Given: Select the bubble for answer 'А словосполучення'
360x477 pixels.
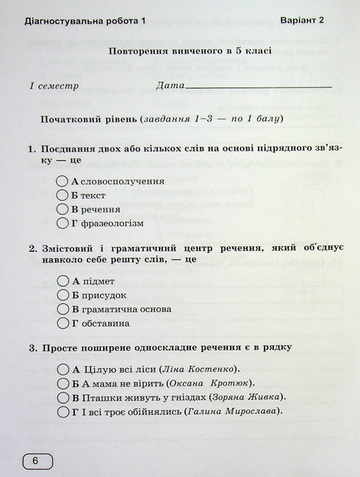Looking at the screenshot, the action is [x=63, y=181].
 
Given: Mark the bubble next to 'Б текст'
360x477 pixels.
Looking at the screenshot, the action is [x=63, y=195].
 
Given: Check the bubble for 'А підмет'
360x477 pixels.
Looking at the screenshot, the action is [x=63, y=281].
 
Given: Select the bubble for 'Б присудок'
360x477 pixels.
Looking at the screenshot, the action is [x=63, y=295].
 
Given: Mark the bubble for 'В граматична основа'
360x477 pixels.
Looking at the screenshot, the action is [x=63, y=309].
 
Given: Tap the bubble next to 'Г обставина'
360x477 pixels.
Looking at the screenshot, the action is [x=63, y=323].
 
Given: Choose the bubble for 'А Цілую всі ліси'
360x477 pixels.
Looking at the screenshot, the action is [x=63, y=369].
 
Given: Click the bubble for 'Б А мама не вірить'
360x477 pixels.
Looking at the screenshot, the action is [x=63, y=383].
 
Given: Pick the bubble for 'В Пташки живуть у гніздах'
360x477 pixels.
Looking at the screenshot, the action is [x=63, y=397].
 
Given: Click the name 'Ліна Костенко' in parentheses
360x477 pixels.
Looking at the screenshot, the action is [x=206, y=369].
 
